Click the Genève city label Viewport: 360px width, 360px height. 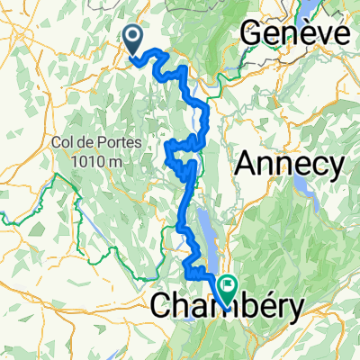tap(293, 35)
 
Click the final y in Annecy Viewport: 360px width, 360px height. tap(336, 167)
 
